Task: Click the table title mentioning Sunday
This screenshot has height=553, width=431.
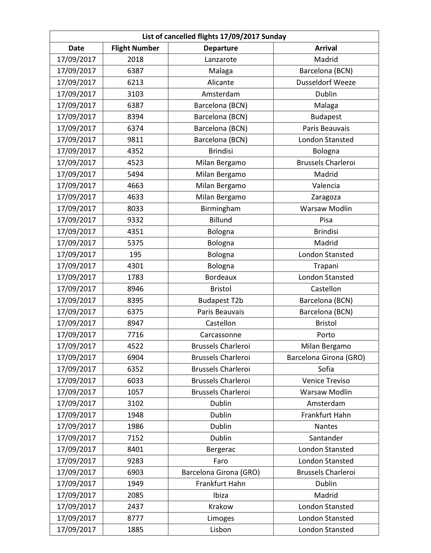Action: coord(214,37)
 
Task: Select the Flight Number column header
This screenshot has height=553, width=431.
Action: coord(135,48)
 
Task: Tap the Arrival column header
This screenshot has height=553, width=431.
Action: coord(326,48)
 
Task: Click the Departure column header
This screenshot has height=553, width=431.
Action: coord(221,48)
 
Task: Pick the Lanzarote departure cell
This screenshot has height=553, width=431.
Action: coord(221,60)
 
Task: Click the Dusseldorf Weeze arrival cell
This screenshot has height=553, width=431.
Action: coord(326,83)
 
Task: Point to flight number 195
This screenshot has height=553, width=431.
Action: coord(135,254)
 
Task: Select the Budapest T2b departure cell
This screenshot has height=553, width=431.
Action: coord(221,300)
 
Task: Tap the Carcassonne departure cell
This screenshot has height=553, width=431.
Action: coord(221,335)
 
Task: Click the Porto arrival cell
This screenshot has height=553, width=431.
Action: coord(326,335)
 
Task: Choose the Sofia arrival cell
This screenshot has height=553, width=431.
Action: coord(326,369)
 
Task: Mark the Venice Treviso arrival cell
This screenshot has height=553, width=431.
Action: coord(326,381)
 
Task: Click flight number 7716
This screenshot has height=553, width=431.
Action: coord(135,335)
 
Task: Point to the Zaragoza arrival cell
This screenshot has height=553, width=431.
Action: coord(326,197)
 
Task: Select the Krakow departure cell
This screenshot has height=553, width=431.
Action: coord(221,507)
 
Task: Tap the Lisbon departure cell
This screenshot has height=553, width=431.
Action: coord(221,529)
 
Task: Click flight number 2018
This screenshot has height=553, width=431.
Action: coord(135,60)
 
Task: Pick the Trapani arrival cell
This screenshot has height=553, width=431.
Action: coord(326,266)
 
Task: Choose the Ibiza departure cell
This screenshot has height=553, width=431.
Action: coord(221,495)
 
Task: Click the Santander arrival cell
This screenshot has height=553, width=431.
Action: coord(326,438)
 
